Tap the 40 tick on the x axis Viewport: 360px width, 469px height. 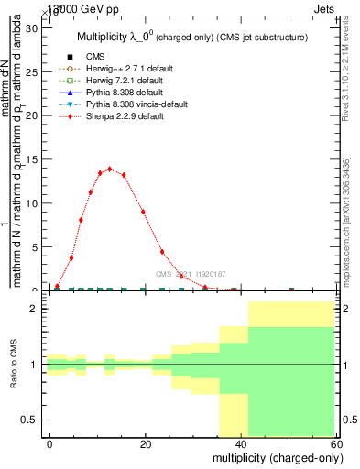pos(240,443)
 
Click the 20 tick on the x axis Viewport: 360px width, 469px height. pos(145,443)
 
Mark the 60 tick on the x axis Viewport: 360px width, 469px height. pos(335,443)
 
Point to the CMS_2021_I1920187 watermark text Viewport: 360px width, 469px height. pos(191,274)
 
